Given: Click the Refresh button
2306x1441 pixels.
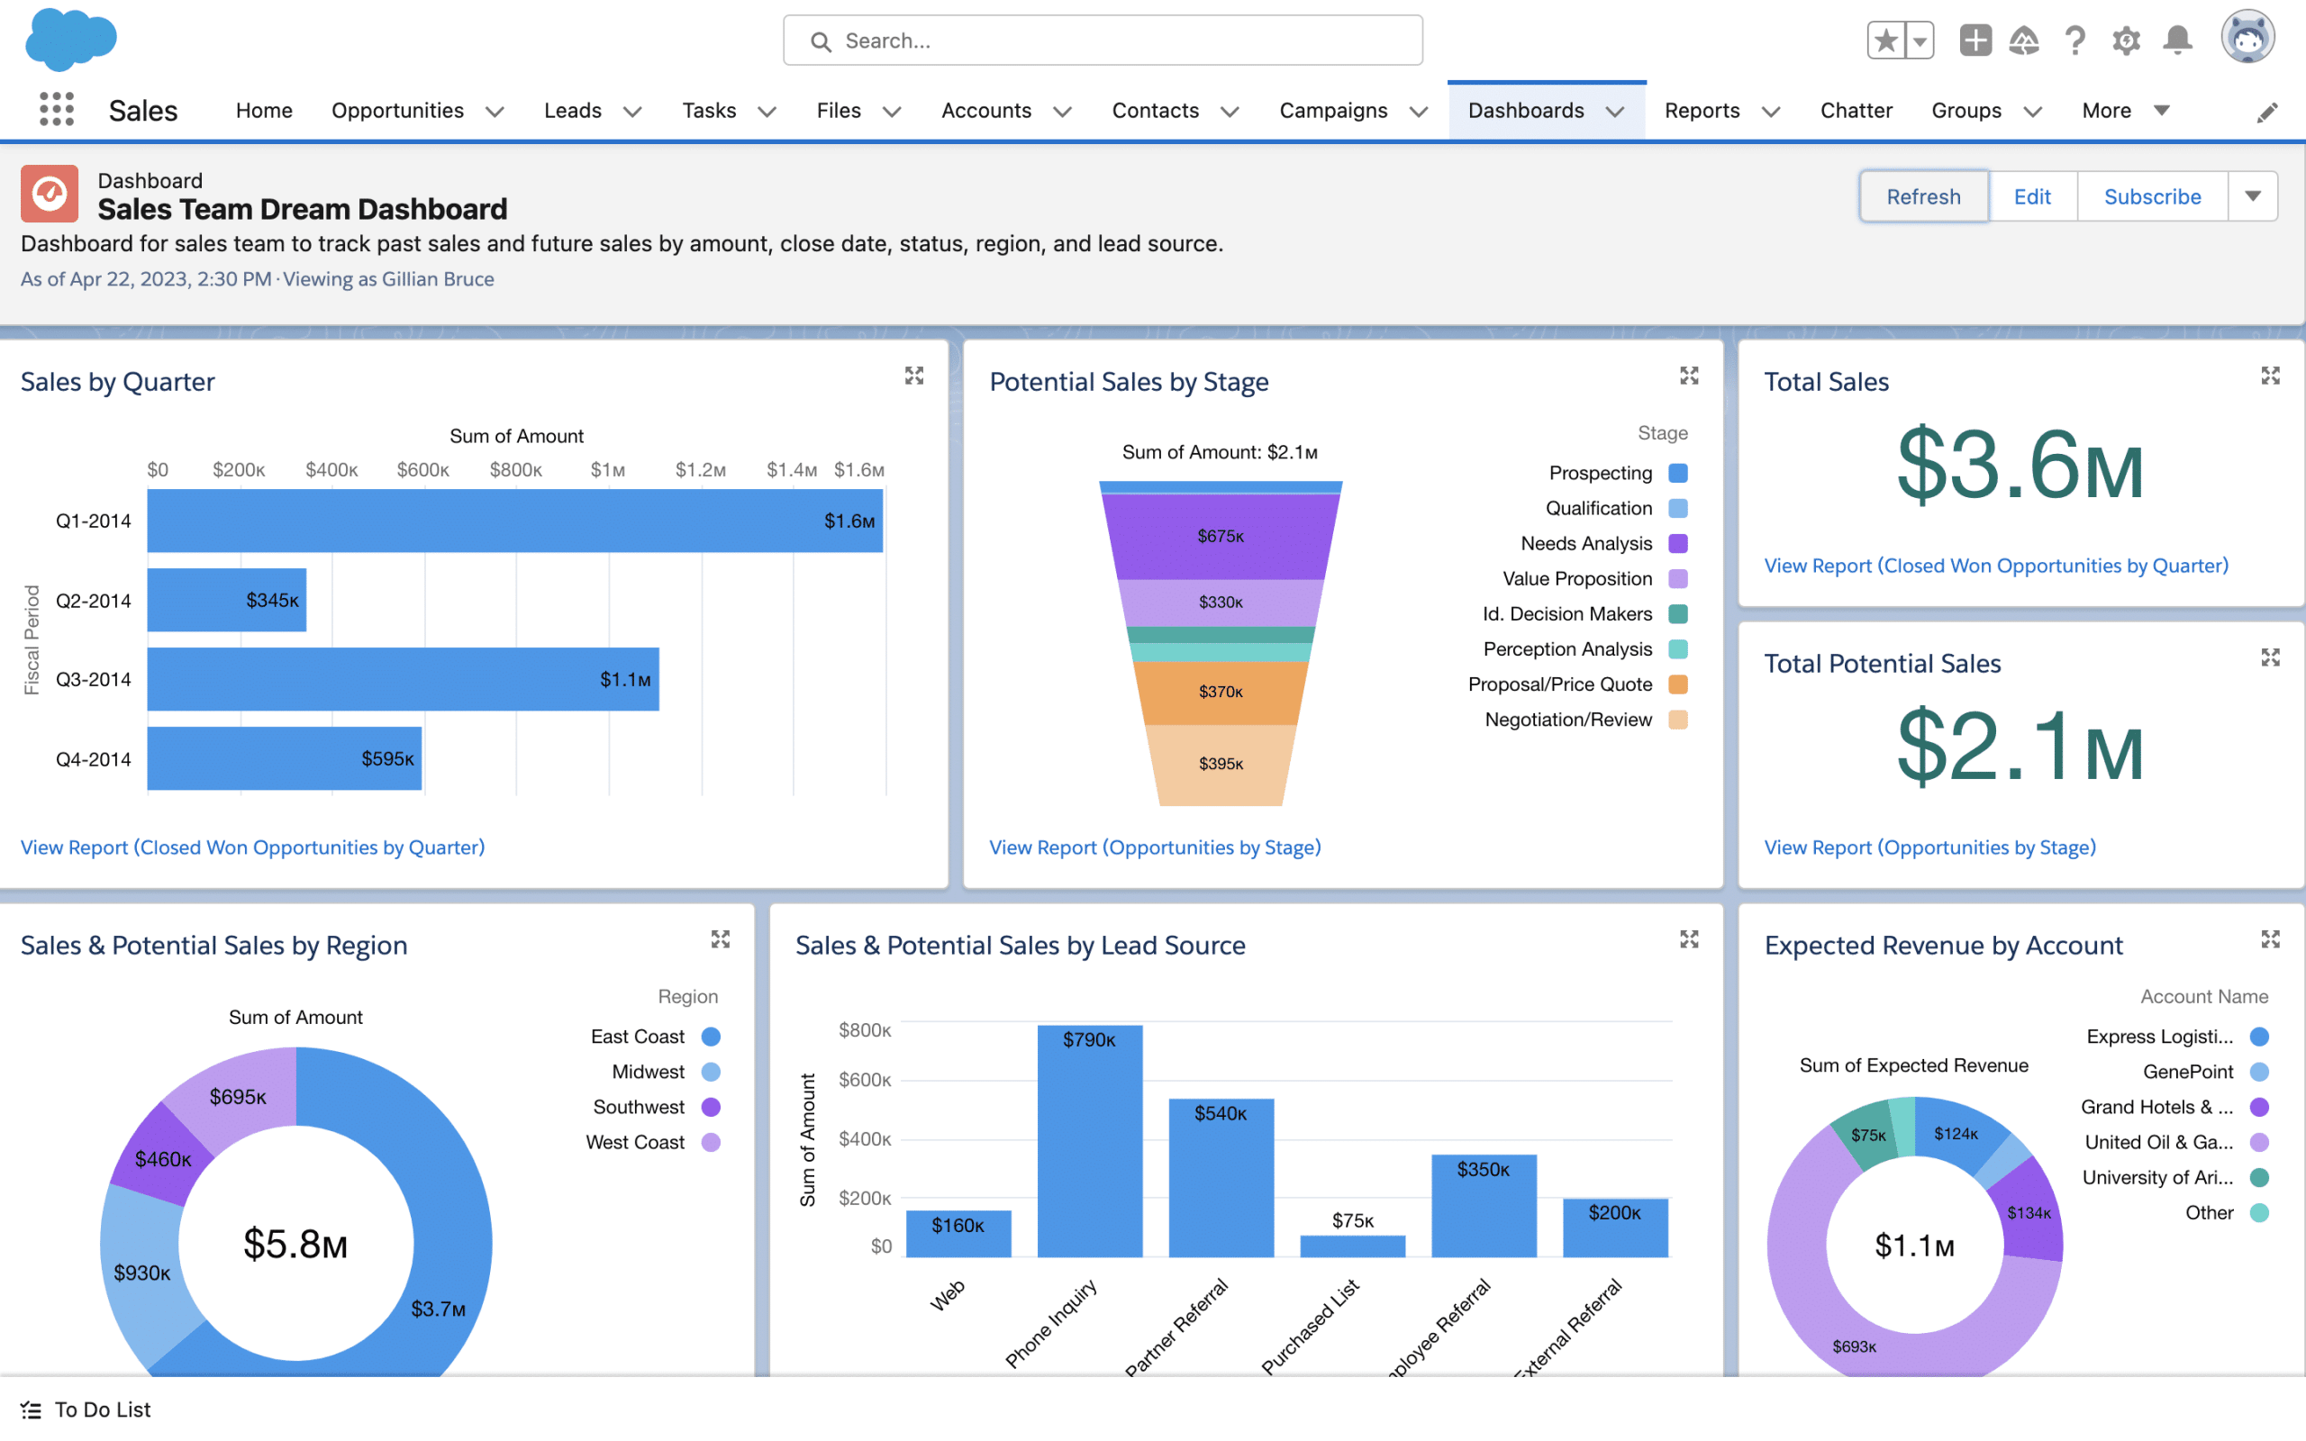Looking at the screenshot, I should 1923,196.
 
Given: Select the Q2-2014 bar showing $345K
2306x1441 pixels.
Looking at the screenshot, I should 227,600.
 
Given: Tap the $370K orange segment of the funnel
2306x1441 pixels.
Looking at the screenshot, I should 1220,692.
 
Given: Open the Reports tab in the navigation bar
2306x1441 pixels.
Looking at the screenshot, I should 1702,111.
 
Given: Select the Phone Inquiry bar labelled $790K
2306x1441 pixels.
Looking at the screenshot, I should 1089,1141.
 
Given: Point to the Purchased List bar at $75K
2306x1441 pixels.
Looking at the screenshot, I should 1352,1245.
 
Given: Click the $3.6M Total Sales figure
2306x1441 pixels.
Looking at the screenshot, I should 2020,466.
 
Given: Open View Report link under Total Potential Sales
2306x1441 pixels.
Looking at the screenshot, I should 1929,847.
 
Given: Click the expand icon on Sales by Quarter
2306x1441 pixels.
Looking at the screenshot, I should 913,376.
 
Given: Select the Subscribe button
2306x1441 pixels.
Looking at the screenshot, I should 2152,196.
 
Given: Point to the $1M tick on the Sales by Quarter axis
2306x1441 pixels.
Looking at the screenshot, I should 607,470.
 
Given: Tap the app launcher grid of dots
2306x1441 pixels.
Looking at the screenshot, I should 57,110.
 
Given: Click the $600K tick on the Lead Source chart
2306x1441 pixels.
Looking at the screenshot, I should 864,1080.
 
